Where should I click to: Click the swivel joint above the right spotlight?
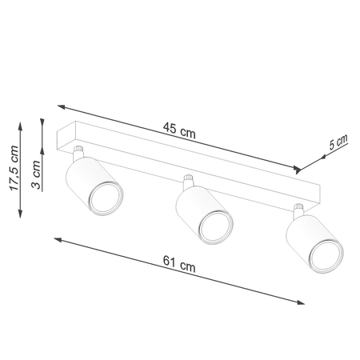tap(298, 212)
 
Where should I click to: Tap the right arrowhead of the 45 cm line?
tap(300, 170)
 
